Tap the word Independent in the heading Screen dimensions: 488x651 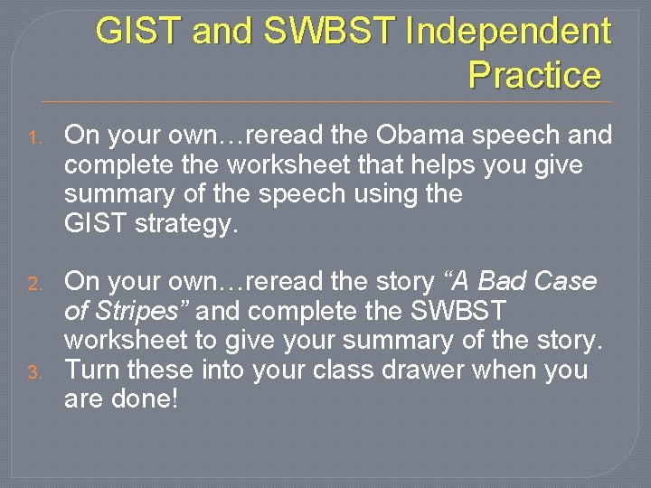pyautogui.click(x=509, y=32)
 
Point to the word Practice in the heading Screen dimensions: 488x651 pyautogui.click(x=534, y=75)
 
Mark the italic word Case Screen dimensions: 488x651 pyautogui.click(x=564, y=282)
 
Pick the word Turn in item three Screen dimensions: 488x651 pyautogui.click(x=94, y=370)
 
